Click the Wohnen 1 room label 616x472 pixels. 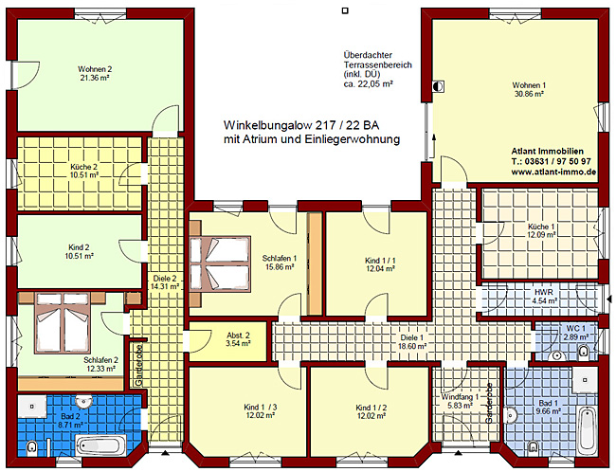[x=529, y=84]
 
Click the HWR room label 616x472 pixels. [x=542, y=292]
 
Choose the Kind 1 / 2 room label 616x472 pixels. [x=370, y=408]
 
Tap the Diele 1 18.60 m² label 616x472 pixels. [x=411, y=342]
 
